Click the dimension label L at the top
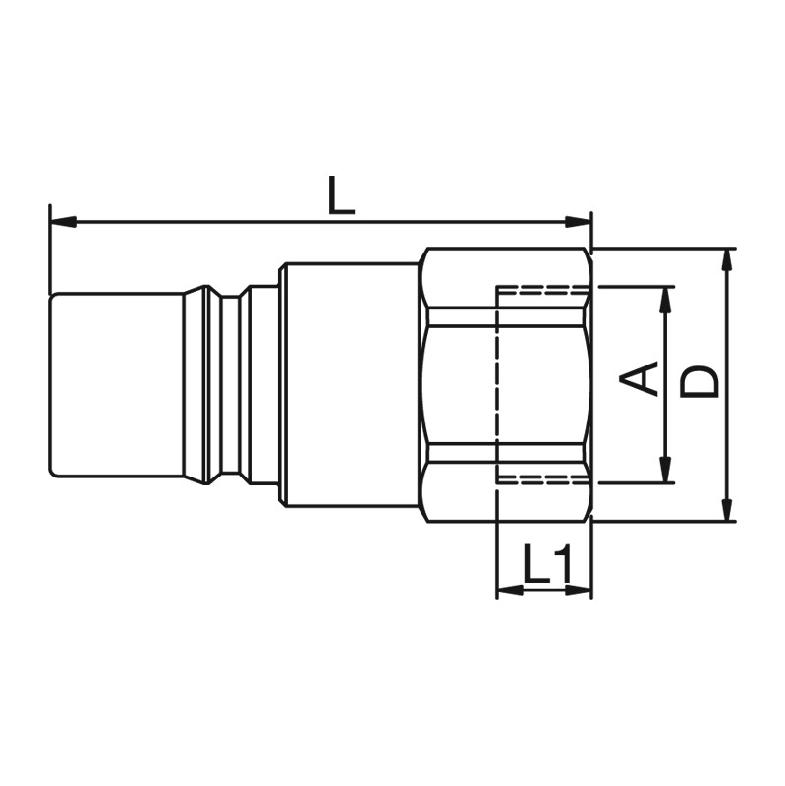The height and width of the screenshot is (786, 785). pos(341,196)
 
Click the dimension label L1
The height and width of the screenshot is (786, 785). pos(547,563)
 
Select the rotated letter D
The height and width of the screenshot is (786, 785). pos(700,382)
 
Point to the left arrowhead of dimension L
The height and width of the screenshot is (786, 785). pos(64,222)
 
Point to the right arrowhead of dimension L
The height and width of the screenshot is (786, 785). pos(578,222)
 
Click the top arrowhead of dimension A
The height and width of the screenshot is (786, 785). pos(666,301)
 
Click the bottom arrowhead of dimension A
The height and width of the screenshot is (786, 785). pos(666,470)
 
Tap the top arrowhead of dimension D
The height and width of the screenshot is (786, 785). pos(728,261)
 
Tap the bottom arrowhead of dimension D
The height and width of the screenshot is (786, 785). pos(728,508)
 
